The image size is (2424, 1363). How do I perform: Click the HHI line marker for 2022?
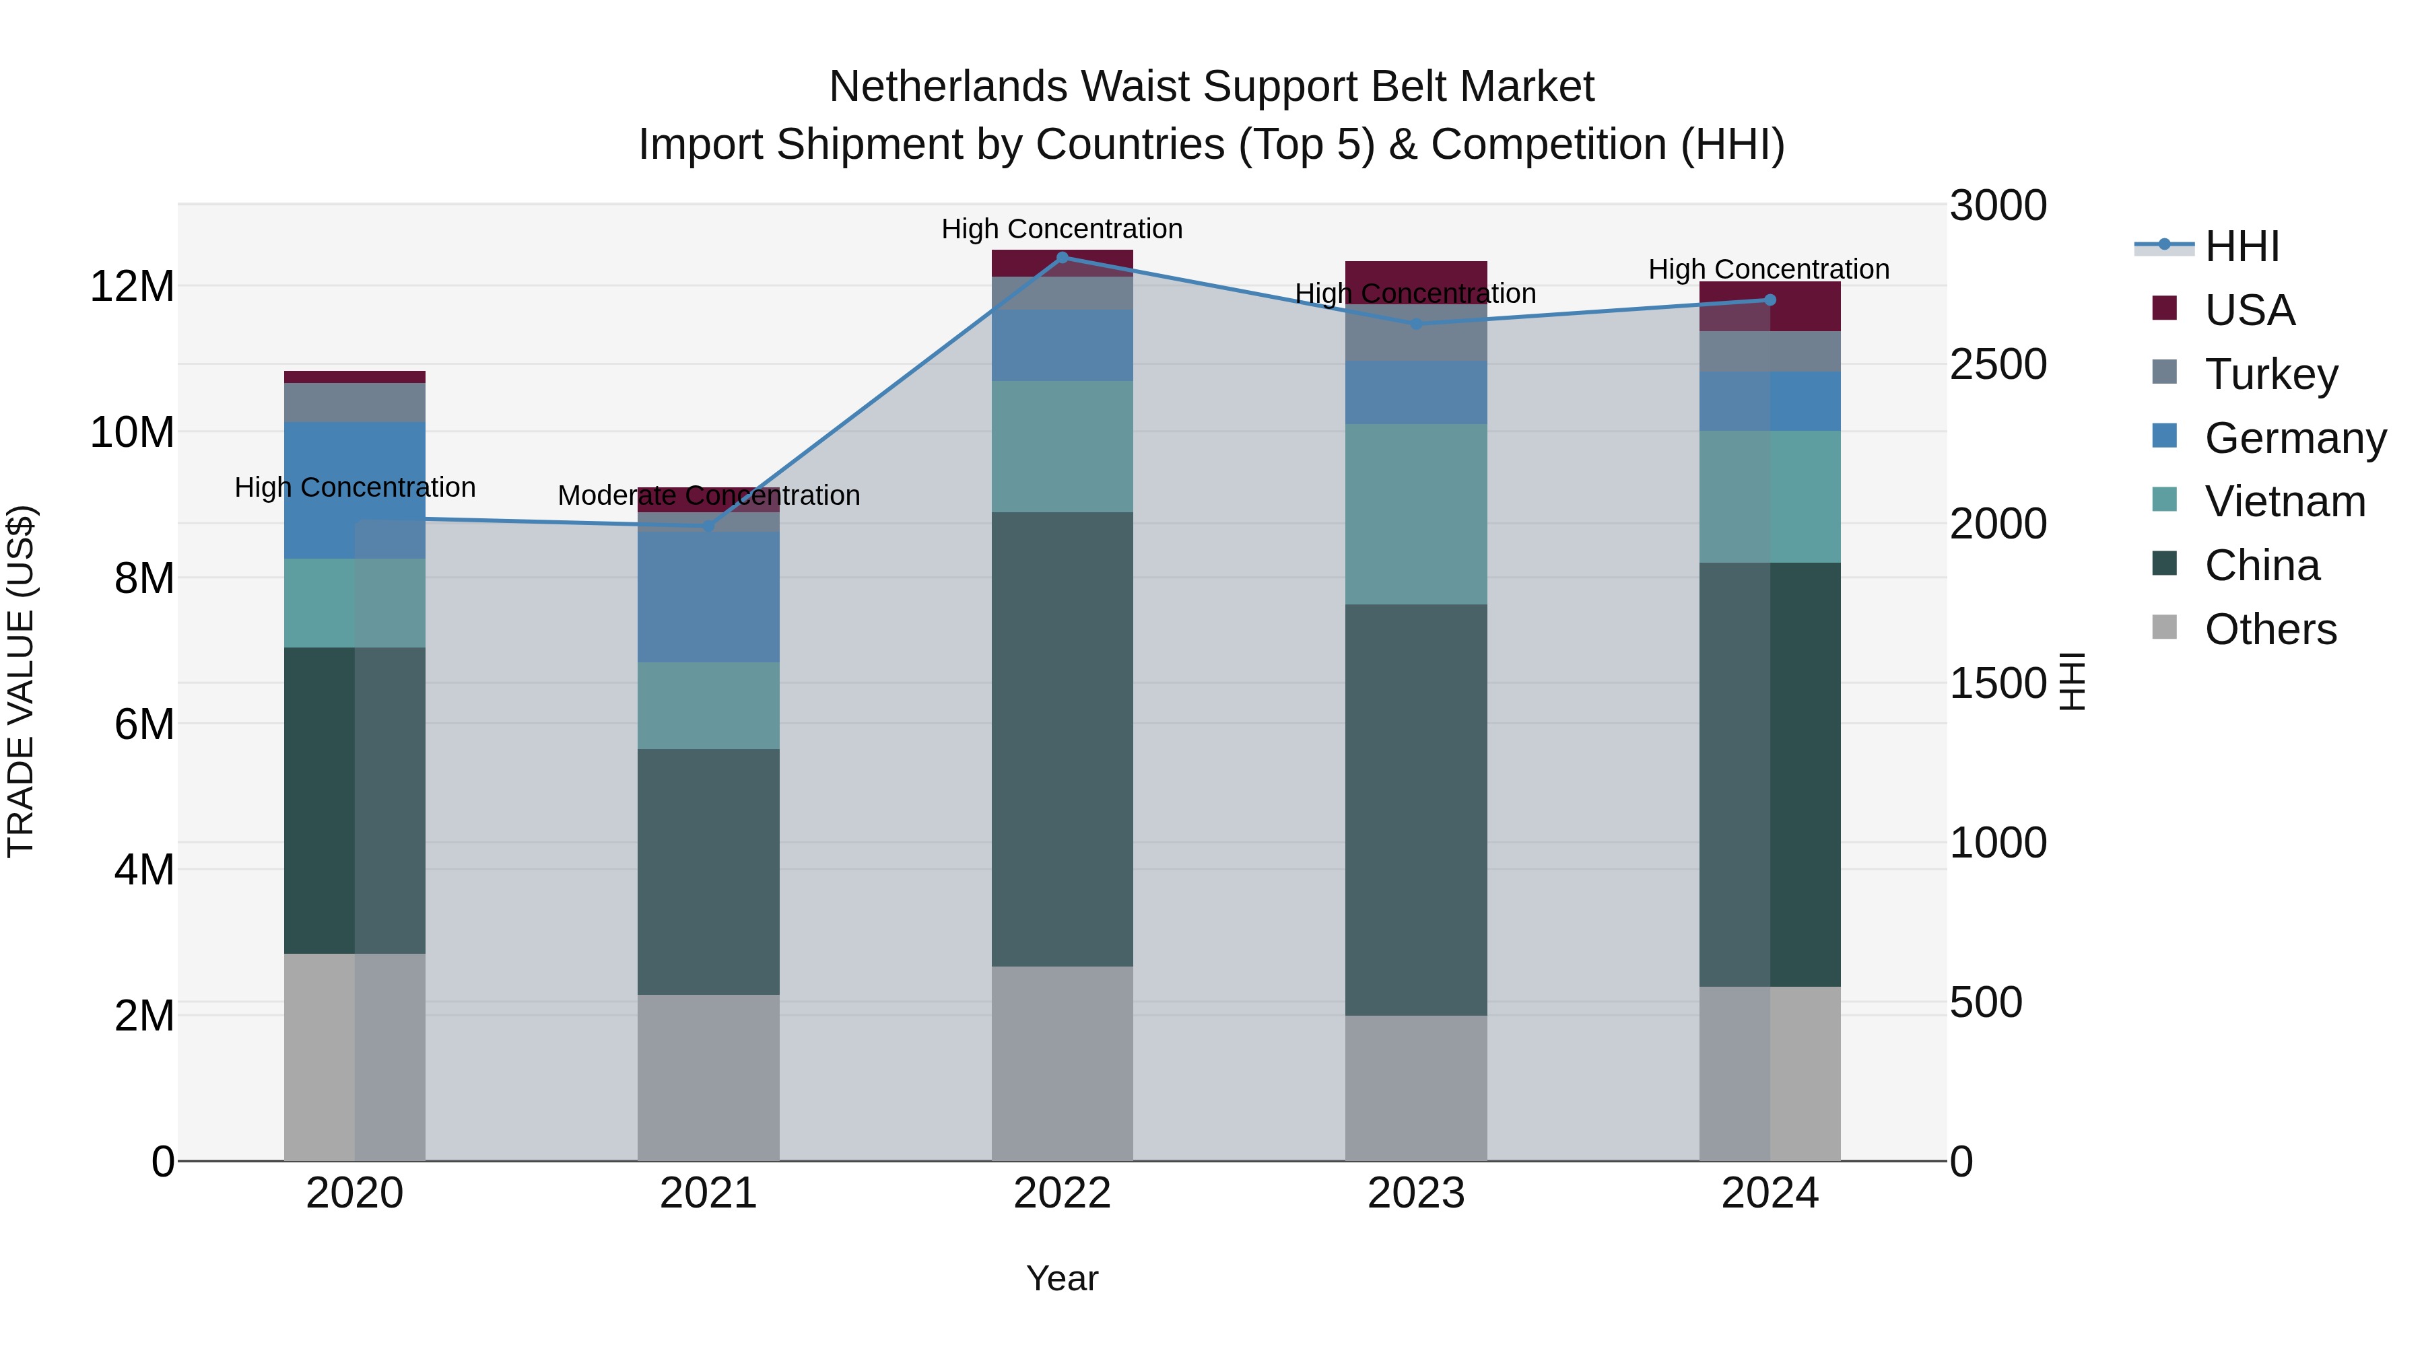[x=1063, y=257]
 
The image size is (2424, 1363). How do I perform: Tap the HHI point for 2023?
[x=1416, y=324]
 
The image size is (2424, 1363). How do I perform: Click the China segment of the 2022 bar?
[x=1063, y=738]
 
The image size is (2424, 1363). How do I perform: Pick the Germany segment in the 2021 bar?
[x=708, y=596]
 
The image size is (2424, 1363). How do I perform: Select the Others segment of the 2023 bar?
[x=1416, y=1088]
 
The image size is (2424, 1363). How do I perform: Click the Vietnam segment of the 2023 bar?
[x=1416, y=514]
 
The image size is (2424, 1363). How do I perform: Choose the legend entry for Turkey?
[x=2270, y=374]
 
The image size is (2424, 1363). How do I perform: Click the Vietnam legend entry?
[x=2285, y=501]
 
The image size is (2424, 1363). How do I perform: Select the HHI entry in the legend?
[x=2242, y=246]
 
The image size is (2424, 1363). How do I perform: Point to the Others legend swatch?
[x=2164, y=627]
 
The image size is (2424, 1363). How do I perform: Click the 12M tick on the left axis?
[x=132, y=286]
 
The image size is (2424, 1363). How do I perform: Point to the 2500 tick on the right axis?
[x=1998, y=364]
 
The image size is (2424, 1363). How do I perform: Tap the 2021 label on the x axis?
[x=708, y=1193]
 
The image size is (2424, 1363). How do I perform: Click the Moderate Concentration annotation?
[x=708, y=495]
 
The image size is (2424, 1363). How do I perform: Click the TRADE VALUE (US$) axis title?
[x=21, y=681]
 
